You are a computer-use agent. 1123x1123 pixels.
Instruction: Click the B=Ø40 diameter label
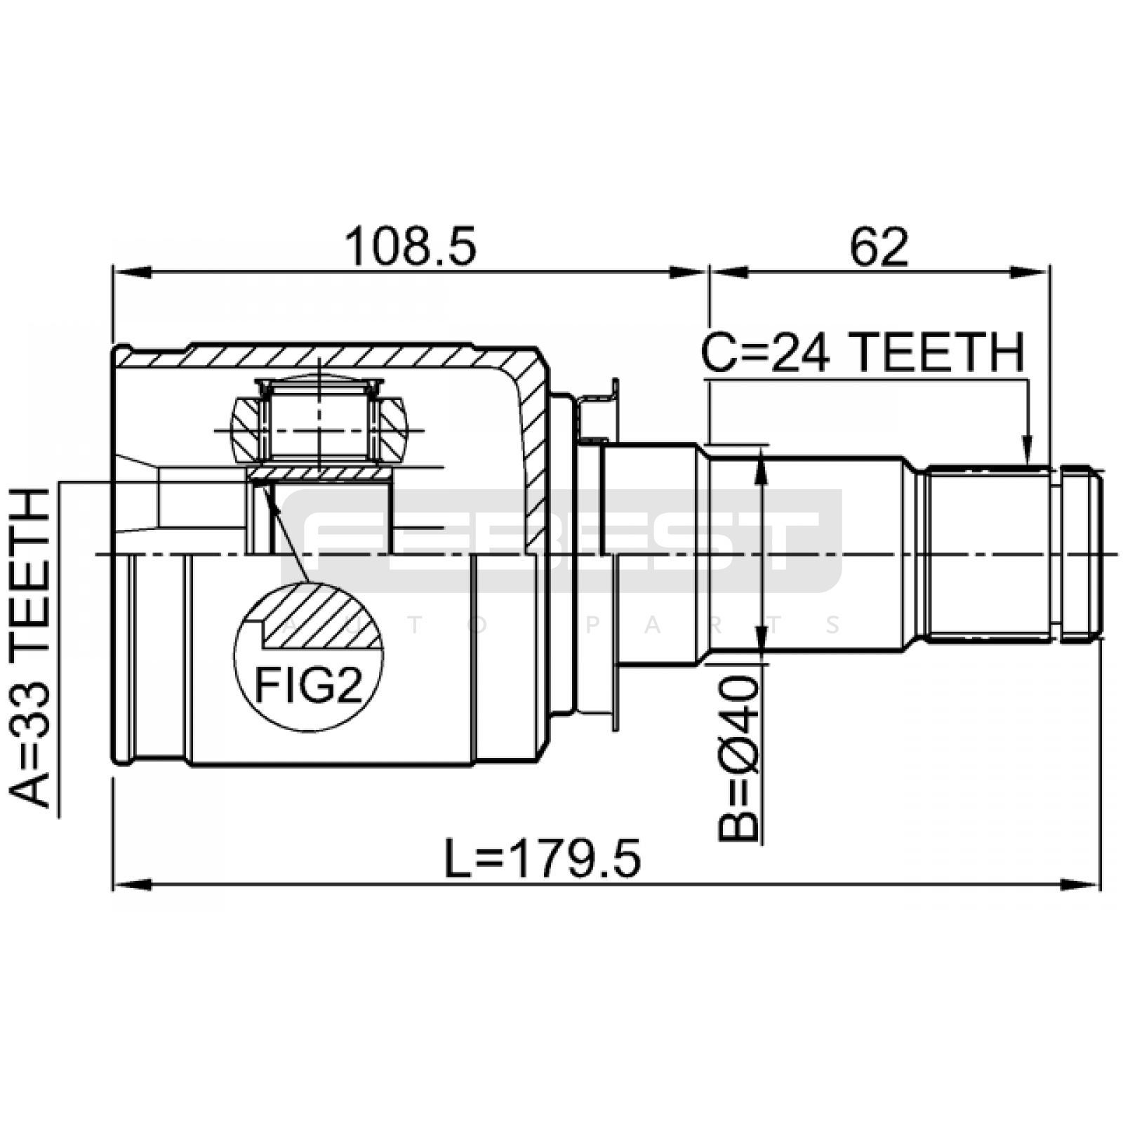pyautogui.click(x=739, y=758)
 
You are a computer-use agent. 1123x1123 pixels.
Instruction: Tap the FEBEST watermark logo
pyautogui.click(x=561, y=540)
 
